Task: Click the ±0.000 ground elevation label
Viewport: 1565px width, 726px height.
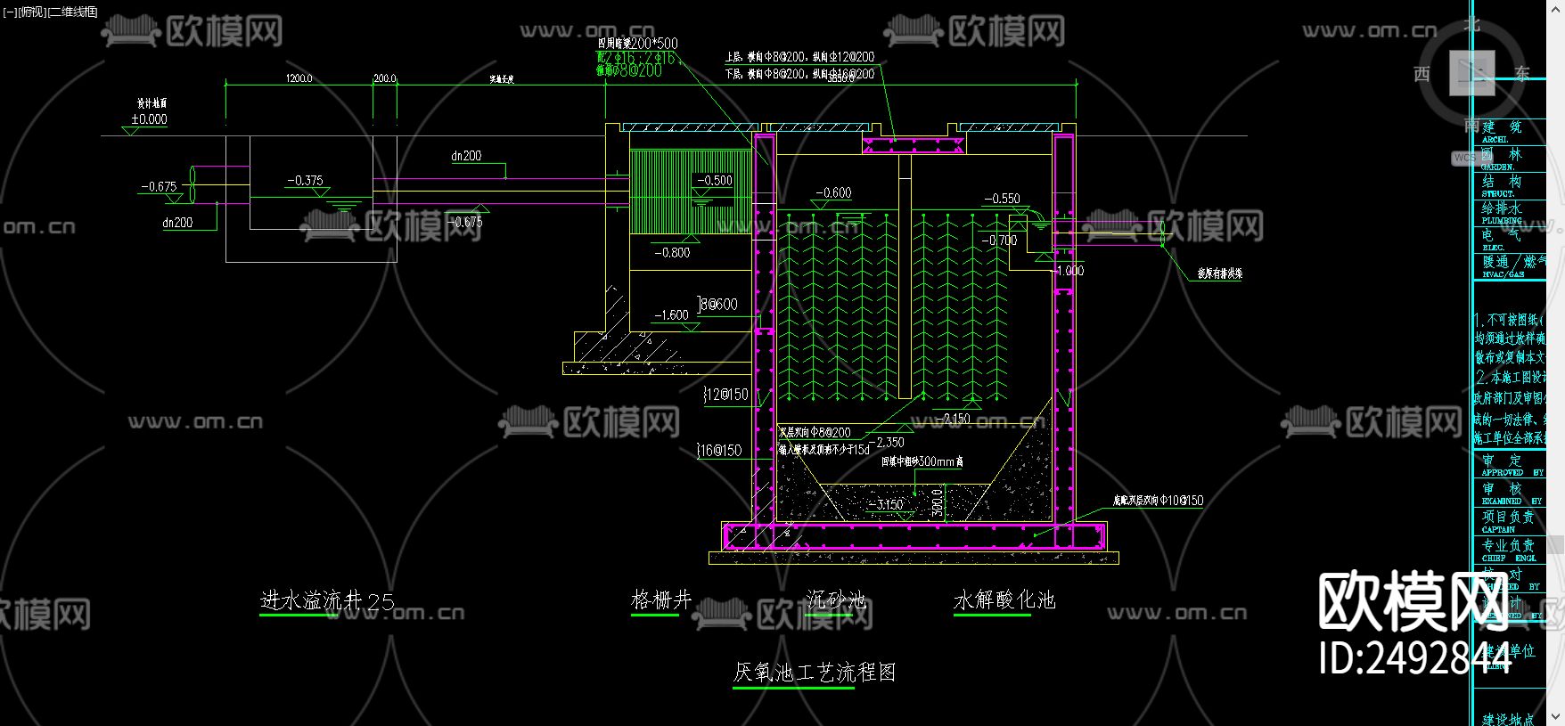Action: coord(149,119)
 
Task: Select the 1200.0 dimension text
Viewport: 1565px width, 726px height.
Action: coord(299,78)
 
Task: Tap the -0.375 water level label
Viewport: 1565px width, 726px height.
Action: coord(305,181)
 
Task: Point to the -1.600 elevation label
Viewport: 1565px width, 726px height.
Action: coord(671,315)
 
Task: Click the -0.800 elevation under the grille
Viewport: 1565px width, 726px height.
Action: coord(672,253)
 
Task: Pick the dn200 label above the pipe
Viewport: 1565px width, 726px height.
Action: coord(466,156)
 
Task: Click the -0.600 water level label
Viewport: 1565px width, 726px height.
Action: coord(833,193)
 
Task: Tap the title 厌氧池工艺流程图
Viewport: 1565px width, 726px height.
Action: coord(814,673)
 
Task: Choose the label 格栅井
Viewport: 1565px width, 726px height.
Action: coord(661,600)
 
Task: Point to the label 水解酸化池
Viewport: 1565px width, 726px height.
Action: coord(1004,600)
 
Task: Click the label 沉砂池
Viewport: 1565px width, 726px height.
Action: coord(836,600)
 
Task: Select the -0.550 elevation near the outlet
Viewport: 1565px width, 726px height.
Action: coord(1002,200)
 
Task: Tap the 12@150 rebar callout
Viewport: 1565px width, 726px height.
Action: coord(726,395)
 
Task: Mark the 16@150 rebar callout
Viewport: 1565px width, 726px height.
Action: coord(720,451)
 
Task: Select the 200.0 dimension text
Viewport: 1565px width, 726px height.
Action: coord(384,78)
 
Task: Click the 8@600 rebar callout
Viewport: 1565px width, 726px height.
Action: coord(718,305)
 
